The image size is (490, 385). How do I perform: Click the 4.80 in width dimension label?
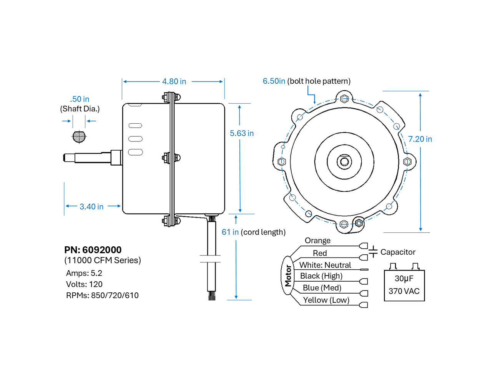pyautogui.click(x=174, y=81)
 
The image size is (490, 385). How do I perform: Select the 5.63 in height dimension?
pyautogui.click(x=242, y=133)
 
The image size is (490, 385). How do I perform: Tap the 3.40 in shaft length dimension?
pyautogui.click(x=91, y=207)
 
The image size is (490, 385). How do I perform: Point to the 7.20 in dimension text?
pyautogui.click(x=420, y=139)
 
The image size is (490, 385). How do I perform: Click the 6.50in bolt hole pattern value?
pyautogui.click(x=274, y=81)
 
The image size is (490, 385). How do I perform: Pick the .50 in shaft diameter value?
pyautogui.click(x=80, y=99)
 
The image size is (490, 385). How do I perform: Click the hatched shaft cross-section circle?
pyautogui.click(x=79, y=136)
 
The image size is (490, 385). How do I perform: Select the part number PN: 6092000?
pyautogui.click(x=93, y=250)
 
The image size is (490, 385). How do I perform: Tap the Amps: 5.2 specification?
pyautogui.click(x=84, y=273)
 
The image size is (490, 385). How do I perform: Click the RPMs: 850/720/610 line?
pyautogui.click(x=102, y=295)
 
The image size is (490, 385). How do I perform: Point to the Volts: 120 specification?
pyautogui.click(x=84, y=284)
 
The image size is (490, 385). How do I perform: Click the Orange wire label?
pyautogui.click(x=317, y=241)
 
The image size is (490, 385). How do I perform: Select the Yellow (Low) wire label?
pyautogui.click(x=326, y=300)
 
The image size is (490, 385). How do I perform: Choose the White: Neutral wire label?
pyautogui.click(x=325, y=265)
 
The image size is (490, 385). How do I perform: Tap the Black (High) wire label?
pyautogui.click(x=321, y=276)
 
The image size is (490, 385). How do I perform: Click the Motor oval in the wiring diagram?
pyautogui.click(x=288, y=275)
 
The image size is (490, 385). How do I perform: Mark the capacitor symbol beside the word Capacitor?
pyautogui.click(x=373, y=252)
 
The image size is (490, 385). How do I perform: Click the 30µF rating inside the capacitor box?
pyautogui.click(x=404, y=279)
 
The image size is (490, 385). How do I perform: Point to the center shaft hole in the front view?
pyautogui.click(x=344, y=161)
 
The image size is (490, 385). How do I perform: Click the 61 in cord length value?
pyautogui.click(x=230, y=232)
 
